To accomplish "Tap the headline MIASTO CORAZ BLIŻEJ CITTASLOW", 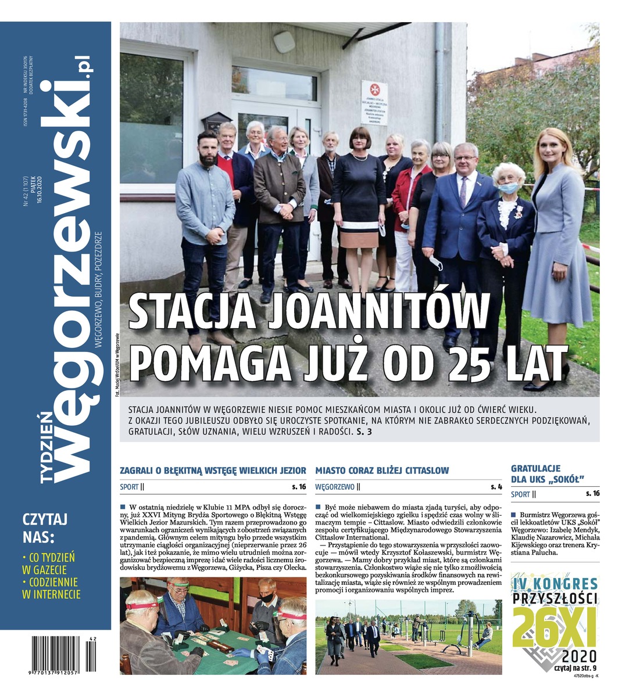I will (x=382, y=470).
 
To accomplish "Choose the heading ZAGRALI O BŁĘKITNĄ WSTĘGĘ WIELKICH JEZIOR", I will (x=213, y=470).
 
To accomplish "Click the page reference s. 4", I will (x=495, y=487).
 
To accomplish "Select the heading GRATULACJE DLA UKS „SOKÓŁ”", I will (x=547, y=473).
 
